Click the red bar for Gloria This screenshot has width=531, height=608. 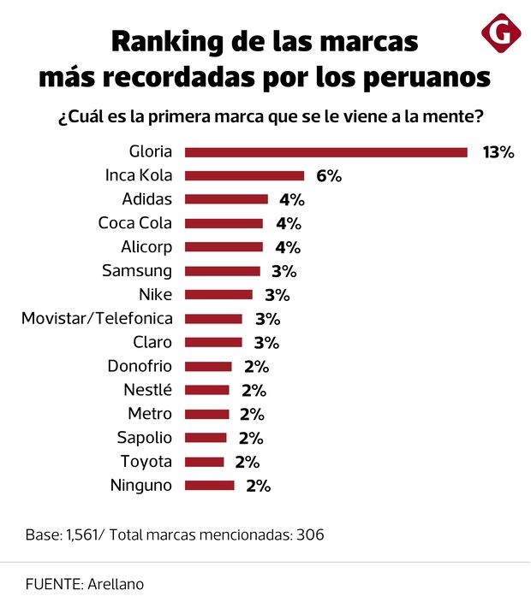(x=325, y=152)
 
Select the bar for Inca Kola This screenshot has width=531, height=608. (x=244, y=176)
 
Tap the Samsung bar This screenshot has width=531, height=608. (x=222, y=271)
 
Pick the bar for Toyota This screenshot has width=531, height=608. (x=204, y=462)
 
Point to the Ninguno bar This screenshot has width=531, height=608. (x=209, y=486)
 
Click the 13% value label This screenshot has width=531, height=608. (x=498, y=152)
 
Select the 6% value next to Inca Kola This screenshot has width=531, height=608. (x=329, y=176)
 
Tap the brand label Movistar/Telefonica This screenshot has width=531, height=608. (x=97, y=319)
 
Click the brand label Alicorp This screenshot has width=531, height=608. (x=146, y=247)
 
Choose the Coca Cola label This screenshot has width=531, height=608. (x=135, y=223)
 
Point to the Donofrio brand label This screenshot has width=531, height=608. (x=140, y=366)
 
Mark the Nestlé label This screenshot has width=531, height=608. (x=147, y=390)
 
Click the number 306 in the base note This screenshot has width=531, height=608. (x=309, y=535)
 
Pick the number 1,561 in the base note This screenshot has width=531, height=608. (x=84, y=535)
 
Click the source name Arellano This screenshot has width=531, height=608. (x=115, y=584)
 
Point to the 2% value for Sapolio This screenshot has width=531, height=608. (x=251, y=438)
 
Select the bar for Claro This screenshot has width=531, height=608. (x=213, y=343)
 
